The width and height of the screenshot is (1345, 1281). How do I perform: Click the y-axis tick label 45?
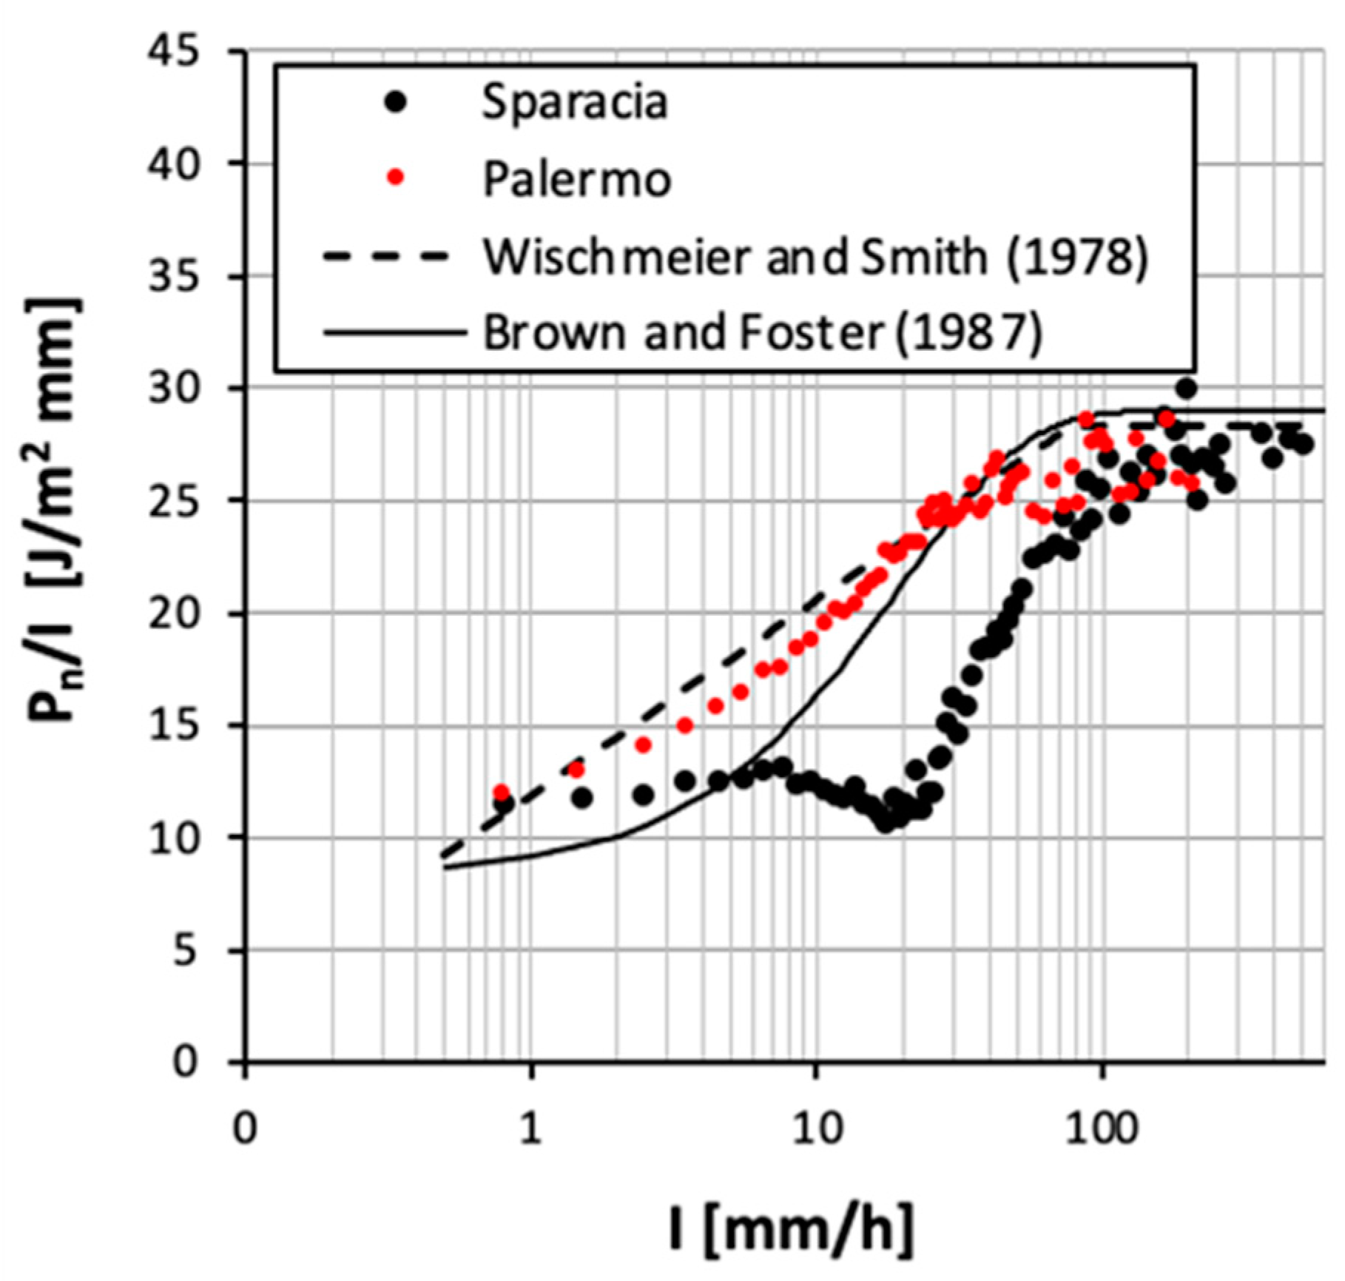(x=175, y=52)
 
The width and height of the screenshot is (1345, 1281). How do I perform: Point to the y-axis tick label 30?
(x=175, y=389)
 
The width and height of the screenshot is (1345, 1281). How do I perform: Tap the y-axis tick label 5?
(x=187, y=949)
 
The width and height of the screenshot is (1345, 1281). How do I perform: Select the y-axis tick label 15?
(x=175, y=725)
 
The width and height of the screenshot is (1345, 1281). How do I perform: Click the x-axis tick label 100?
(x=1102, y=1130)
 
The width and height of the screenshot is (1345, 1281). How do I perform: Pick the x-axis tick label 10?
(x=816, y=1130)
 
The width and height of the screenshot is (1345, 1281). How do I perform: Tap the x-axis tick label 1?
(x=530, y=1130)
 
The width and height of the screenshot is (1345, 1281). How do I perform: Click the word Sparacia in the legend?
(x=574, y=102)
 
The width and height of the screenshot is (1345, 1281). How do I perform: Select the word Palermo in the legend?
(x=576, y=179)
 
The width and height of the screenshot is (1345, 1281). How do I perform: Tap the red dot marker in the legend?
(x=397, y=177)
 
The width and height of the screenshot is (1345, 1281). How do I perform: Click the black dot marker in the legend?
(x=397, y=102)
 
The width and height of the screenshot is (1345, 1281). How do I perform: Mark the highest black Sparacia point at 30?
(x=1186, y=388)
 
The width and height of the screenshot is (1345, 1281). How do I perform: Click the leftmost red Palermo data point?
(x=501, y=793)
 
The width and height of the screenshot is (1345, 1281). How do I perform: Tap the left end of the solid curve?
(x=446, y=868)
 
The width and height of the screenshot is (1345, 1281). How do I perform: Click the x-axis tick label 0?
(x=244, y=1130)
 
